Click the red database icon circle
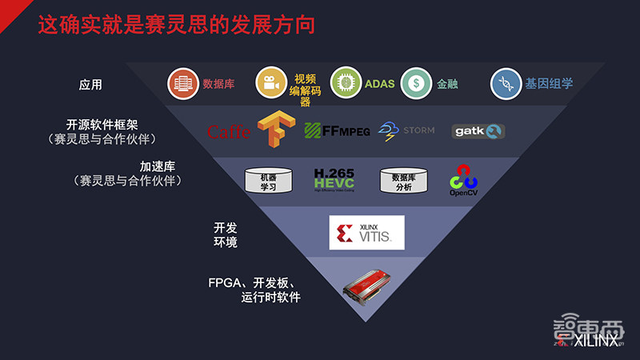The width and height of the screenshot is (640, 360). (x=183, y=83)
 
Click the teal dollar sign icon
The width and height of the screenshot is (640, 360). (x=416, y=82)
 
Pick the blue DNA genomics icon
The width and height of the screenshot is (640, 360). (x=506, y=83)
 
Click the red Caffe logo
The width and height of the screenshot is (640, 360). (x=228, y=132)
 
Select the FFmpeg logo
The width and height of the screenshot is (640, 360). (x=337, y=130)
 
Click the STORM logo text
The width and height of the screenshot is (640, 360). (x=418, y=130)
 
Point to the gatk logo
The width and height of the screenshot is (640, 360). (x=478, y=131)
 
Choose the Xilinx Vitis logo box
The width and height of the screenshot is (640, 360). (x=366, y=233)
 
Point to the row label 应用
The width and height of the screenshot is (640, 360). (x=90, y=84)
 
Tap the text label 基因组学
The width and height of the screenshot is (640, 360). (x=549, y=83)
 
